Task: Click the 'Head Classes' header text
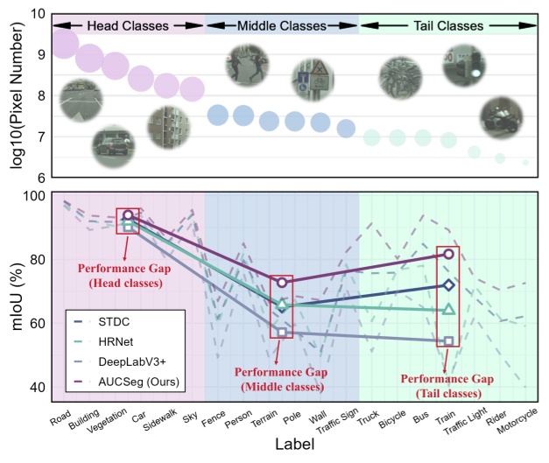tap(127, 26)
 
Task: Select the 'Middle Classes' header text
tap(281, 26)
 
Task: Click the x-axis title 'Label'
tap(295, 445)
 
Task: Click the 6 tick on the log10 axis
tap(40, 178)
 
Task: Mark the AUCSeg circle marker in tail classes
tap(448, 254)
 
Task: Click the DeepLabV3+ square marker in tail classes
tap(448, 340)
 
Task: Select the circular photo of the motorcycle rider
tap(501, 118)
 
